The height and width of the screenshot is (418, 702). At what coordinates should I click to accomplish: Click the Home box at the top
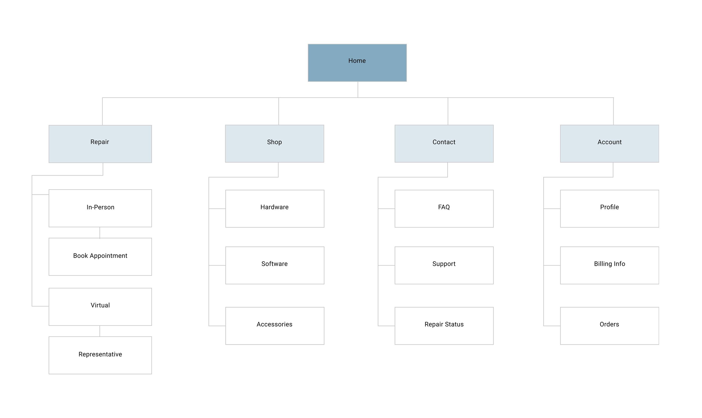pos(357,63)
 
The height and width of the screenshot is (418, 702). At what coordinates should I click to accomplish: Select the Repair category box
pos(100,144)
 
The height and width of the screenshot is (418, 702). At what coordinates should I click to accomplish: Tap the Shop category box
pos(274,144)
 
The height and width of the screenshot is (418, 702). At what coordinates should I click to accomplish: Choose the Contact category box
pos(444,144)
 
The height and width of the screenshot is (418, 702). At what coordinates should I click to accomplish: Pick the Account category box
pos(609,144)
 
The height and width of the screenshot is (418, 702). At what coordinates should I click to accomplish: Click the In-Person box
pos(100,208)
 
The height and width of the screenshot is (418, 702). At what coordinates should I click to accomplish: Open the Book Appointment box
pos(100,256)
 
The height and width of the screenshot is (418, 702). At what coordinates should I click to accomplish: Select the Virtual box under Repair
pos(100,306)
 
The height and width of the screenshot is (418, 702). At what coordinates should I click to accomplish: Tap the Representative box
pos(100,355)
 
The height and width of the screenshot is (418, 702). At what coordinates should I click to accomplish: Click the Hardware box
pos(274,208)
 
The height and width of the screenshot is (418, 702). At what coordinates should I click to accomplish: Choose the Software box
pos(274,265)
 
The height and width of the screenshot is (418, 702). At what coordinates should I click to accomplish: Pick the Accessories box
pos(274,326)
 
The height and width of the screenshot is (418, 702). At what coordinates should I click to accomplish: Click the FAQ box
pos(444,208)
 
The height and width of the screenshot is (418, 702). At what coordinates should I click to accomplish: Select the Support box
pos(444,265)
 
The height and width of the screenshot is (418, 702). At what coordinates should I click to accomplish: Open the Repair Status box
pos(444,326)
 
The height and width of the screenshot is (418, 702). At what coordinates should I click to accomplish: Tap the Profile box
pos(609,208)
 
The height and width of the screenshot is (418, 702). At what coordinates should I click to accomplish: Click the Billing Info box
pos(609,265)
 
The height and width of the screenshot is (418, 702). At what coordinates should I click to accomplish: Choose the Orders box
pos(609,326)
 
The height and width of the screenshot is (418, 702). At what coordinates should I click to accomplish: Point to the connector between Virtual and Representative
pos(100,331)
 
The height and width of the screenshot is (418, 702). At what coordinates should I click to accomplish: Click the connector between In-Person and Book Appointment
pos(100,232)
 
